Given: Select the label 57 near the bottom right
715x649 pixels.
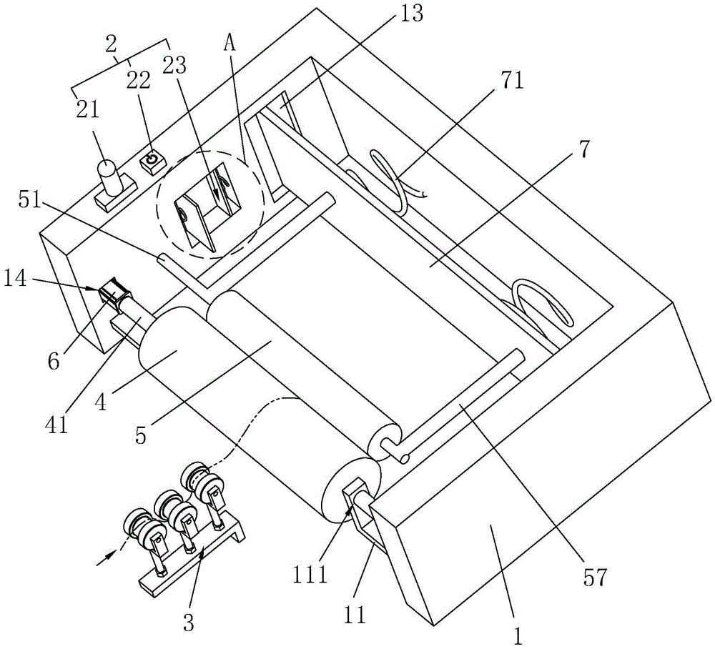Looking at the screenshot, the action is [596, 578].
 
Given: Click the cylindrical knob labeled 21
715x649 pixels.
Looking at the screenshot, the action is [109, 177].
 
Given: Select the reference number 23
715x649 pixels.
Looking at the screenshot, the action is [174, 66].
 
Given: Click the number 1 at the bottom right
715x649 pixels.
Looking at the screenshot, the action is [517, 635].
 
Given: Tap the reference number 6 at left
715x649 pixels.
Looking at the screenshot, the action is [54, 362].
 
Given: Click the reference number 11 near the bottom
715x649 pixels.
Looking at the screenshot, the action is [355, 615].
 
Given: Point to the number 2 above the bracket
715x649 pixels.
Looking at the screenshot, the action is [111, 44].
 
